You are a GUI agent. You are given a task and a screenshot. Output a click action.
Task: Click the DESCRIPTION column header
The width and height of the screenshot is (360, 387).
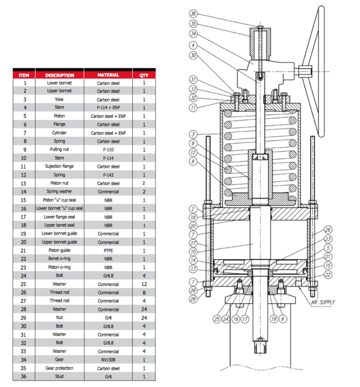(x=59, y=75)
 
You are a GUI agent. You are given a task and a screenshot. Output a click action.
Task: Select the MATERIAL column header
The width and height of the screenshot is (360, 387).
(x=108, y=75)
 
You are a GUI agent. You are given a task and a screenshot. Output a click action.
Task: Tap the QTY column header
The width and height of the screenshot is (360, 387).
(x=144, y=75)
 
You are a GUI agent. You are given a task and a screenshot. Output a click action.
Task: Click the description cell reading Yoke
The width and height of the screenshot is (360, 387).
(x=59, y=99)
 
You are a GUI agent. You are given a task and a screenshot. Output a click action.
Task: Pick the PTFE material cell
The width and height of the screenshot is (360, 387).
(x=108, y=250)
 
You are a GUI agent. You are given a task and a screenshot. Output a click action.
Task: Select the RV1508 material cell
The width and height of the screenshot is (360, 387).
(x=108, y=360)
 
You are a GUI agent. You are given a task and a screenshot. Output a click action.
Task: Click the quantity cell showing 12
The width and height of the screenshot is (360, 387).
(x=144, y=284)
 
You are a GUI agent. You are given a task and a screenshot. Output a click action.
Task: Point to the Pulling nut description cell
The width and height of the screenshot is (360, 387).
(x=59, y=149)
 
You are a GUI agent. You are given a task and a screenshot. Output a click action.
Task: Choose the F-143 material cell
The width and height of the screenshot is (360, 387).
(x=108, y=175)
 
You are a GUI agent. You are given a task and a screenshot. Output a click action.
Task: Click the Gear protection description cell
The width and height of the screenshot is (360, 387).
(x=59, y=368)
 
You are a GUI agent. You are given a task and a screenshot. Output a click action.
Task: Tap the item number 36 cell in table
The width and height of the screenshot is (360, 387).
(x=25, y=377)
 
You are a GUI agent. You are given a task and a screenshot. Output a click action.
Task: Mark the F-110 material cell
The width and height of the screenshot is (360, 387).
(x=108, y=149)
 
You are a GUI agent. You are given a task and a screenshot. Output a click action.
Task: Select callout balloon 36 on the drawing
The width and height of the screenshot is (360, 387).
(x=193, y=13)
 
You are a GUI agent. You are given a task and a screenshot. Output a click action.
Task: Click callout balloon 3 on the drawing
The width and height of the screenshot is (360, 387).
(x=193, y=134)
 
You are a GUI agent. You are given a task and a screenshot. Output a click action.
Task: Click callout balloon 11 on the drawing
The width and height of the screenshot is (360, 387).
(x=193, y=108)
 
